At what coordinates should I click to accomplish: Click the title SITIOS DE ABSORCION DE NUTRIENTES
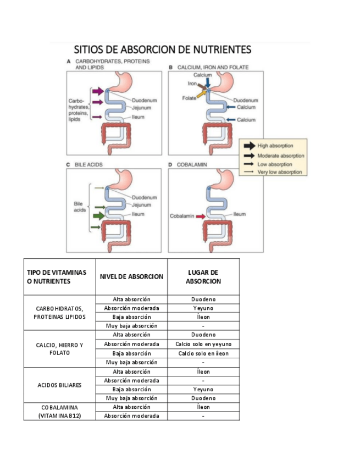coord(163,49)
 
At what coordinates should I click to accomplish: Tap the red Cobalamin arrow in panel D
coord(200,217)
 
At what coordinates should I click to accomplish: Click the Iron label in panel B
coord(192,84)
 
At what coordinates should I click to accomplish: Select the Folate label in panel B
coord(189,98)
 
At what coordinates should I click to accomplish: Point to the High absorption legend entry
coord(275,146)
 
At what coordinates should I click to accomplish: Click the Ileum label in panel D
coord(239,214)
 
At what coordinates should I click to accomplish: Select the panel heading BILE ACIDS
coord(88,164)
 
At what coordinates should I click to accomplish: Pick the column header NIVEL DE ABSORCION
coord(131,276)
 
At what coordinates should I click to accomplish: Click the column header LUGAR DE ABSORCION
coord(203,276)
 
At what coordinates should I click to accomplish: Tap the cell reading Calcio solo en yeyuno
coord(203,344)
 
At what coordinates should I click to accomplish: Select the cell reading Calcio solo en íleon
coord(203,353)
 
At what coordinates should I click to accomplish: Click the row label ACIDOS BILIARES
coord(59,385)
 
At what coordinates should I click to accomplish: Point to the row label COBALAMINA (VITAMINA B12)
coord(59,412)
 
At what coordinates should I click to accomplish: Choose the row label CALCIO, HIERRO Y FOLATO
coord(59,348)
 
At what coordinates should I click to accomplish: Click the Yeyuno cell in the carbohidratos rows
coord(203,308)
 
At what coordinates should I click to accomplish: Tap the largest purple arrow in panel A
coord(98,91)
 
